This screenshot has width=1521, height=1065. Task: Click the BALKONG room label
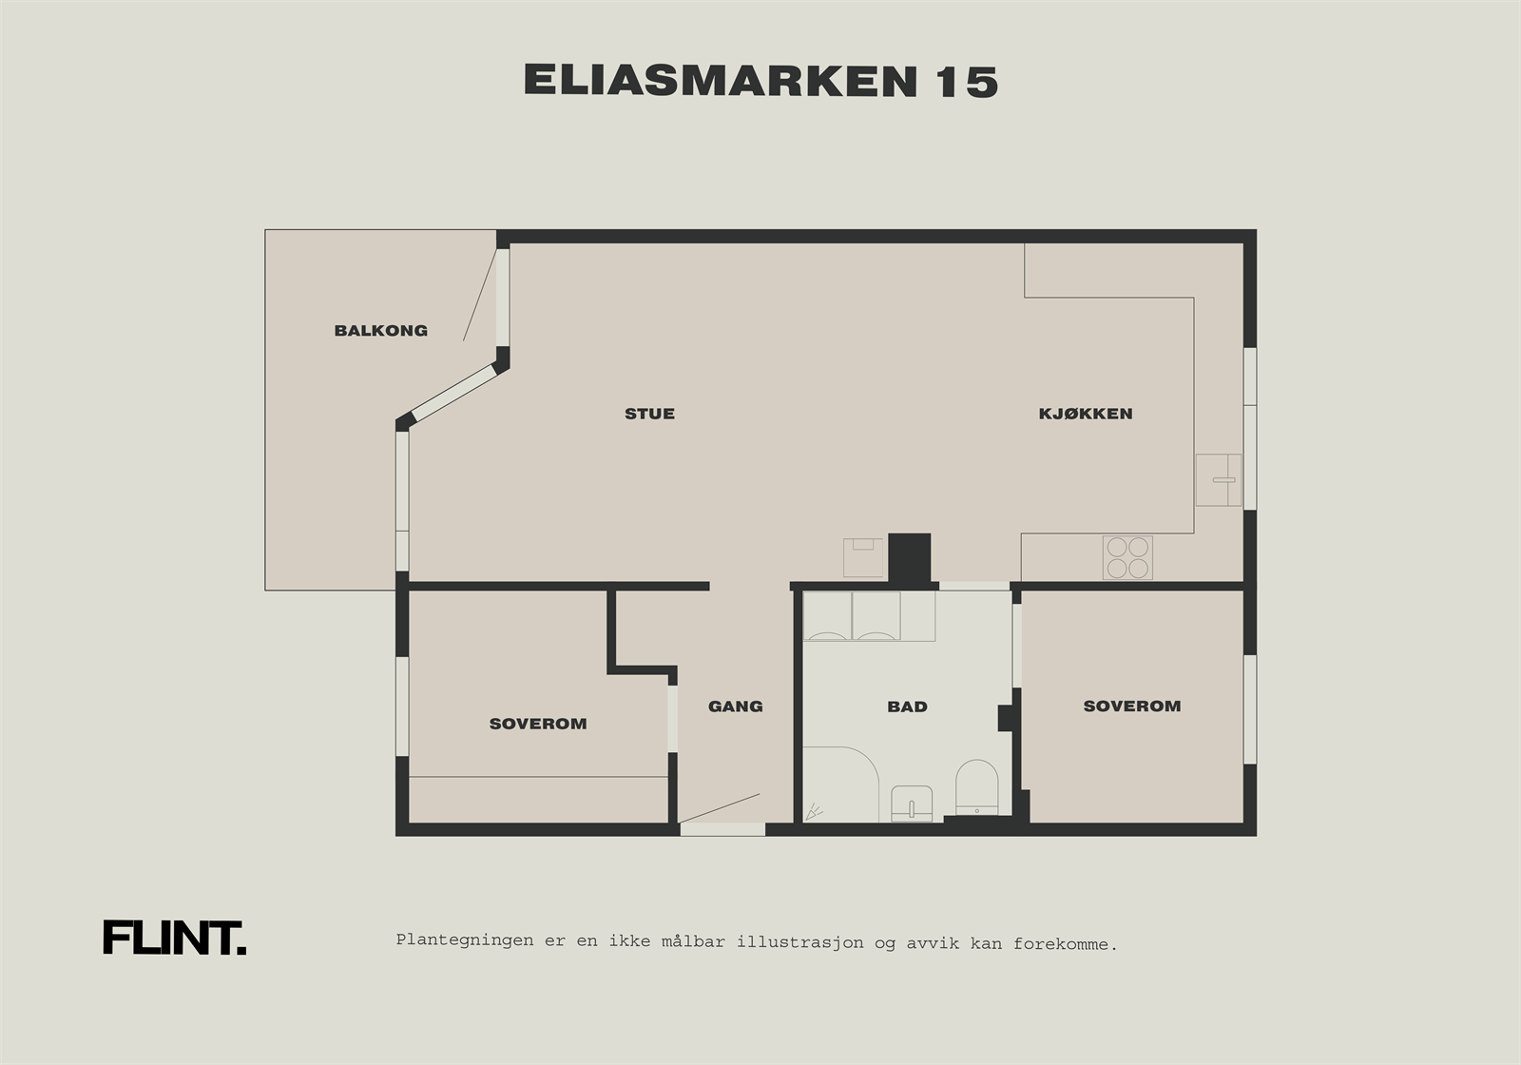[380, 331]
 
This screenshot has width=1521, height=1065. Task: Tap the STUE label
[649, 414]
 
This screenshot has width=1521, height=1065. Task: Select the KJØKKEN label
[1085, 414]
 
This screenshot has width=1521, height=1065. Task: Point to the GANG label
[735, 707]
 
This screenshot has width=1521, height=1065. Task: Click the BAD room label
[907, 707]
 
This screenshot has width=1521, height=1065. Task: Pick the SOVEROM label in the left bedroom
[538, 724]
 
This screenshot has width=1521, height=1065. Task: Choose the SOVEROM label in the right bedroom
[1131, 706]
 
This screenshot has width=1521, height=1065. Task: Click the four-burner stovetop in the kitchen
[1127, 557]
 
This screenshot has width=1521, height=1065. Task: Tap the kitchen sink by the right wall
[1218, 479]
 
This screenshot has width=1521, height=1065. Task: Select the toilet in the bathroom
[976, 788]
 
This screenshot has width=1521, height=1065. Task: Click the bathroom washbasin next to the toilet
[913, 804]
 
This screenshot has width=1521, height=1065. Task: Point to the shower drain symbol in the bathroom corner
[814, 812]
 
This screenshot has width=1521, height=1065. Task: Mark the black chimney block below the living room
[909, 558]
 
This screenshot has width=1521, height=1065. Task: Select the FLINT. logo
[174, 938]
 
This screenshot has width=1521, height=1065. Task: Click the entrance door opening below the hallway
[722, 829]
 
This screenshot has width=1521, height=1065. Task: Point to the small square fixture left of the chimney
[862, 557]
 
